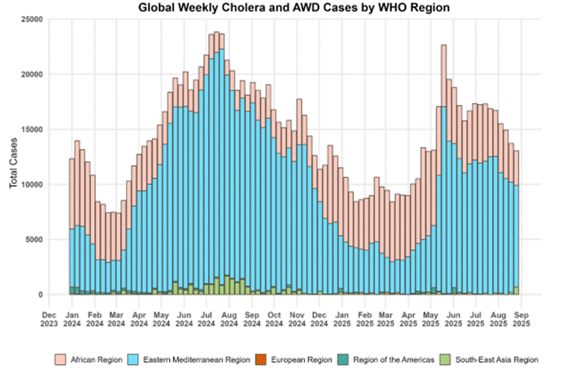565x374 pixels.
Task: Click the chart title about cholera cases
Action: click(294, 8)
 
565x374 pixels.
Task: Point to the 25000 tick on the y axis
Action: click(31, 19)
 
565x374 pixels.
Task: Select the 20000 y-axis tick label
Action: click(31, 74)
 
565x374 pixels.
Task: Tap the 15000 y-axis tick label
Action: click(31, 129)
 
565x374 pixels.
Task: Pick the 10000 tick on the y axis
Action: click(31, 184)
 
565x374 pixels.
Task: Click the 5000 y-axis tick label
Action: click(33, 239)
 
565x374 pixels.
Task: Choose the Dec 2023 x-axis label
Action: click(49, 318)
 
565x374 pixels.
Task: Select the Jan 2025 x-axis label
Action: click(343, 318)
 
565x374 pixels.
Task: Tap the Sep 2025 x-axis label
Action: click(523, 318)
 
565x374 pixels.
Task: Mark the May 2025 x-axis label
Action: click(433, 318)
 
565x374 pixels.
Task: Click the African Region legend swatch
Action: click(60, 359)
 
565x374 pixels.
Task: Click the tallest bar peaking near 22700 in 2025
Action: click(443, 168)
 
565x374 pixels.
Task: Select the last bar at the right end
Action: click(517, 222)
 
